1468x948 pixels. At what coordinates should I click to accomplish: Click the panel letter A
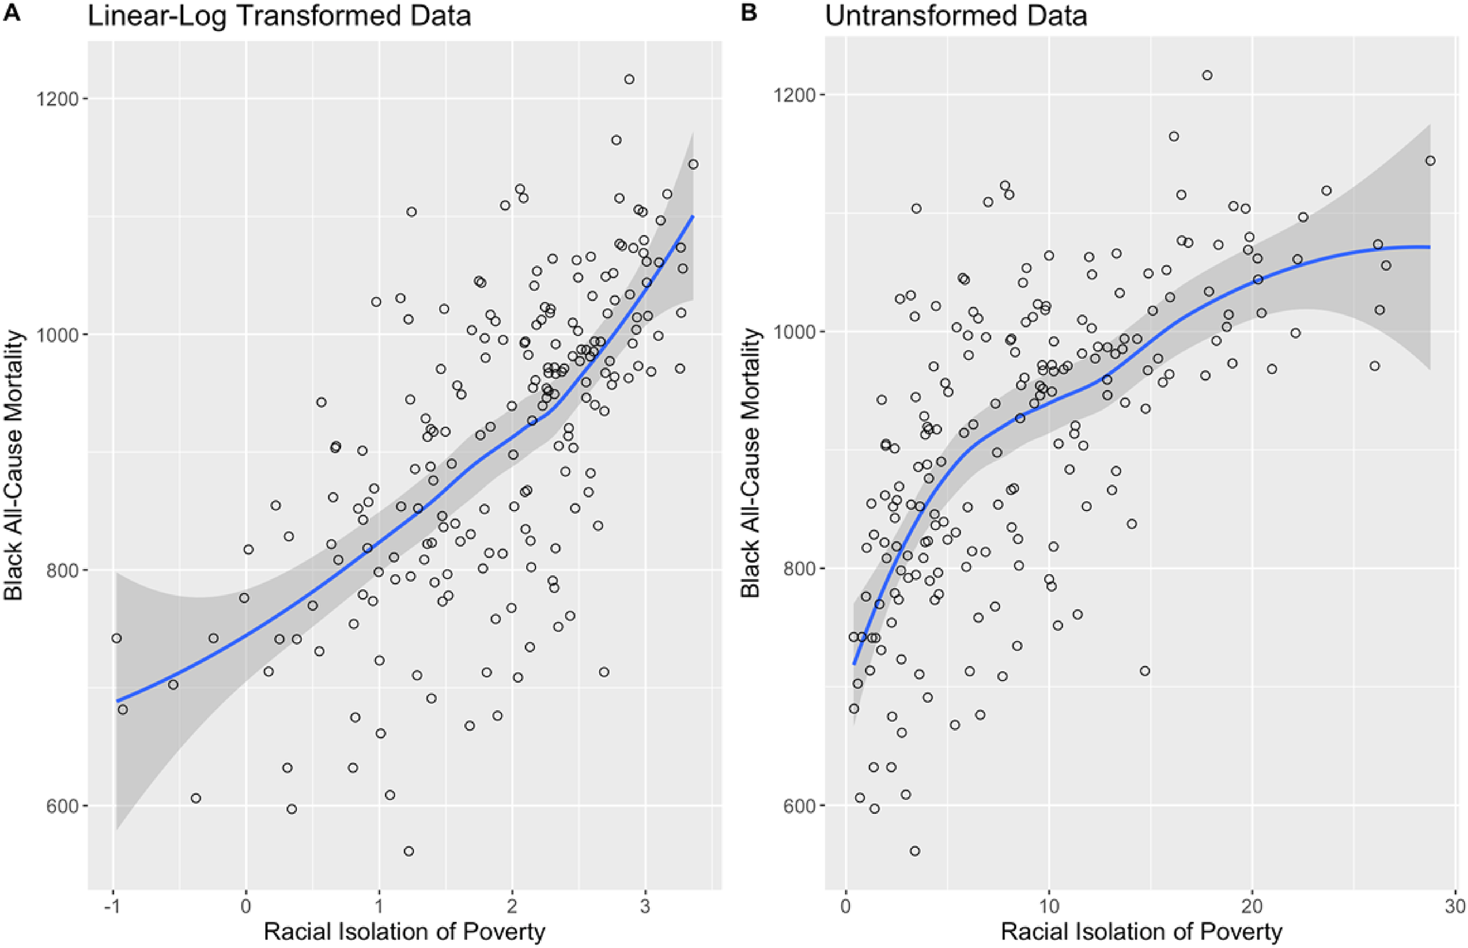tap(12, 13)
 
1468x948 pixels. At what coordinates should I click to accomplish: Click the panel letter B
tap(748, 13)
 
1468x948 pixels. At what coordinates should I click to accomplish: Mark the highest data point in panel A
tap(629, 79)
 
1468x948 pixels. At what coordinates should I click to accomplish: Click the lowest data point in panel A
tap(408, 851)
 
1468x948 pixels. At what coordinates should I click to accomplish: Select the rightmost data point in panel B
tap(1430, 161)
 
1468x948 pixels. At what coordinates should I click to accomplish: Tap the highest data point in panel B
tap(1207, 75)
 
